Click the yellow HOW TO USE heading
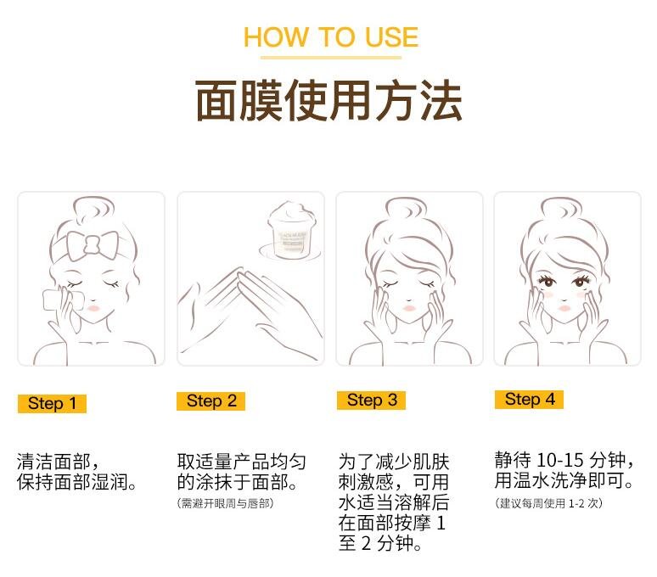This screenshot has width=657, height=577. (x=331, y=36)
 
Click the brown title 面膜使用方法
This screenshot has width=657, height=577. (x=328, y=101)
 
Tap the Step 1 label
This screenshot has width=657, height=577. (x=52, y=404)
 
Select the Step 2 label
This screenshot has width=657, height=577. (x=211, y=401)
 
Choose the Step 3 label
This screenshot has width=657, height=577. (x=371, y=401)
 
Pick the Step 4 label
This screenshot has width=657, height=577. (x=529, y=400)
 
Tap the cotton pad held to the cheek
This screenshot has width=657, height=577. (x=59, y=300)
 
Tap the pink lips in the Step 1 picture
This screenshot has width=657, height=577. (x=94, y=309)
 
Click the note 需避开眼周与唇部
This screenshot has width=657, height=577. (x=226, y=503)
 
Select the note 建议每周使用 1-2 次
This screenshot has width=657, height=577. (x=548, y=503)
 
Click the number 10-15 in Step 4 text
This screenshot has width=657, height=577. (x=559, y=460)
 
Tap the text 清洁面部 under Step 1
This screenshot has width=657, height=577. (x=53, y=462)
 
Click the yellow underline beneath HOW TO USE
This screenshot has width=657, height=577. (x=331, y=58)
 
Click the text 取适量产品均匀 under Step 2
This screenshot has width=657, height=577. (x=242, y=462)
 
